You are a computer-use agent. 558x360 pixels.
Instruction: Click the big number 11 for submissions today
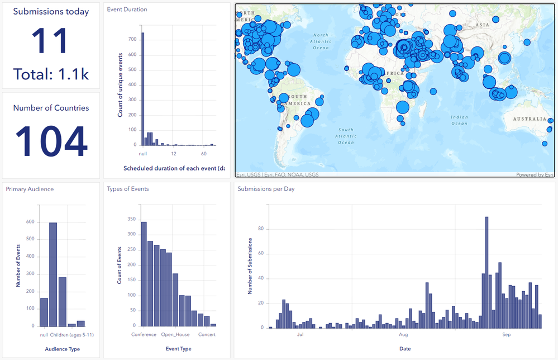coord(51,41)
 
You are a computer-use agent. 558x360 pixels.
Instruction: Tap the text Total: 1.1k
coord(51,74)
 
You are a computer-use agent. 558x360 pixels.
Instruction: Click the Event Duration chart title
coord(127,10)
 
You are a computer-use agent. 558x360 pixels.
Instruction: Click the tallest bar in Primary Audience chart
coord(53,274)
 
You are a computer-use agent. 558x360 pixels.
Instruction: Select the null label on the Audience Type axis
coord(44,335)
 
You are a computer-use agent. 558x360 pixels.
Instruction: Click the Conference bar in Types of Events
coord(144,274)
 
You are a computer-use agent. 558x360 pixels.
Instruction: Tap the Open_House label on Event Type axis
coord(175,335)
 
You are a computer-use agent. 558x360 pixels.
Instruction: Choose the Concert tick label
coord(207,335)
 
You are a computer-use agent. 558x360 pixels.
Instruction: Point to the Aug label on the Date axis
coord(404,335)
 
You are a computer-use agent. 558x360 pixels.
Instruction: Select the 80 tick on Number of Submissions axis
coord(260,229)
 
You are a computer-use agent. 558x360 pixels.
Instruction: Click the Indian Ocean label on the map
coord(459,120)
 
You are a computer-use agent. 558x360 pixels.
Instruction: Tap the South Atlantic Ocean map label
coord(346,136)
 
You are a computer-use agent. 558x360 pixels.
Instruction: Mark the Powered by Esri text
coord(535,174)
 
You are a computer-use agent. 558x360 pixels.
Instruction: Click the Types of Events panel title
coord(128,189)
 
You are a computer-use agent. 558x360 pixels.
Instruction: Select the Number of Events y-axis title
coord(18,265)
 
